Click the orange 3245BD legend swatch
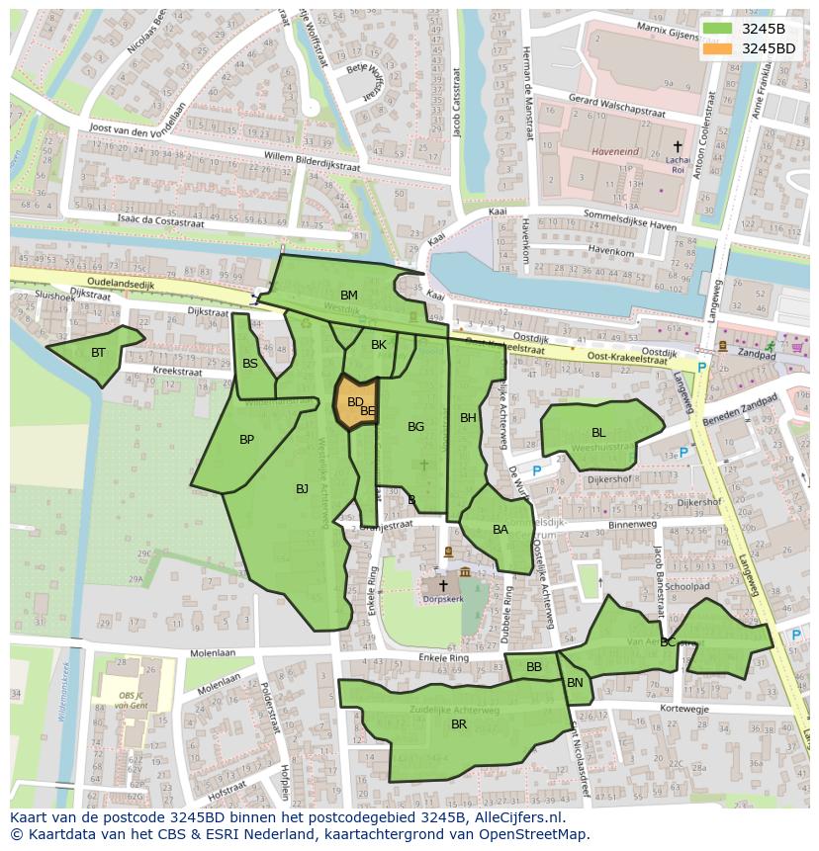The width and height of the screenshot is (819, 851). point(719,48)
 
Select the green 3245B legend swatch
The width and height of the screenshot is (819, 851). point(719,29)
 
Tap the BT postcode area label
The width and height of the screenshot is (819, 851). point(98,353)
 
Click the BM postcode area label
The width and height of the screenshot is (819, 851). point(349,296)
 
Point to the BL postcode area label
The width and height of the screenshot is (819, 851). point(598,433)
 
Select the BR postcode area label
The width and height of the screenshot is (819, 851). point(459,724)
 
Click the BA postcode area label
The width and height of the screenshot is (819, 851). point(500,530)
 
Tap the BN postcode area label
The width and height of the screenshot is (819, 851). point(575,683)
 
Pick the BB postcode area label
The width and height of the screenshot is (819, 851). point(534,667)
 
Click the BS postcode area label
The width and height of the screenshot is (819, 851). point(250,364)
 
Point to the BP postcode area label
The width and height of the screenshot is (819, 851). point(247,440)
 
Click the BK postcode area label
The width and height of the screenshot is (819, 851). point(379,345)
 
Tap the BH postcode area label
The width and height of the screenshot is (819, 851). point(468,418)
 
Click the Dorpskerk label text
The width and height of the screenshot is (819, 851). point(442,599)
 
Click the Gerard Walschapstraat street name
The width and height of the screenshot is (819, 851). point(616,106)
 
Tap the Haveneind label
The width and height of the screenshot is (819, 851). point(615,152)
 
